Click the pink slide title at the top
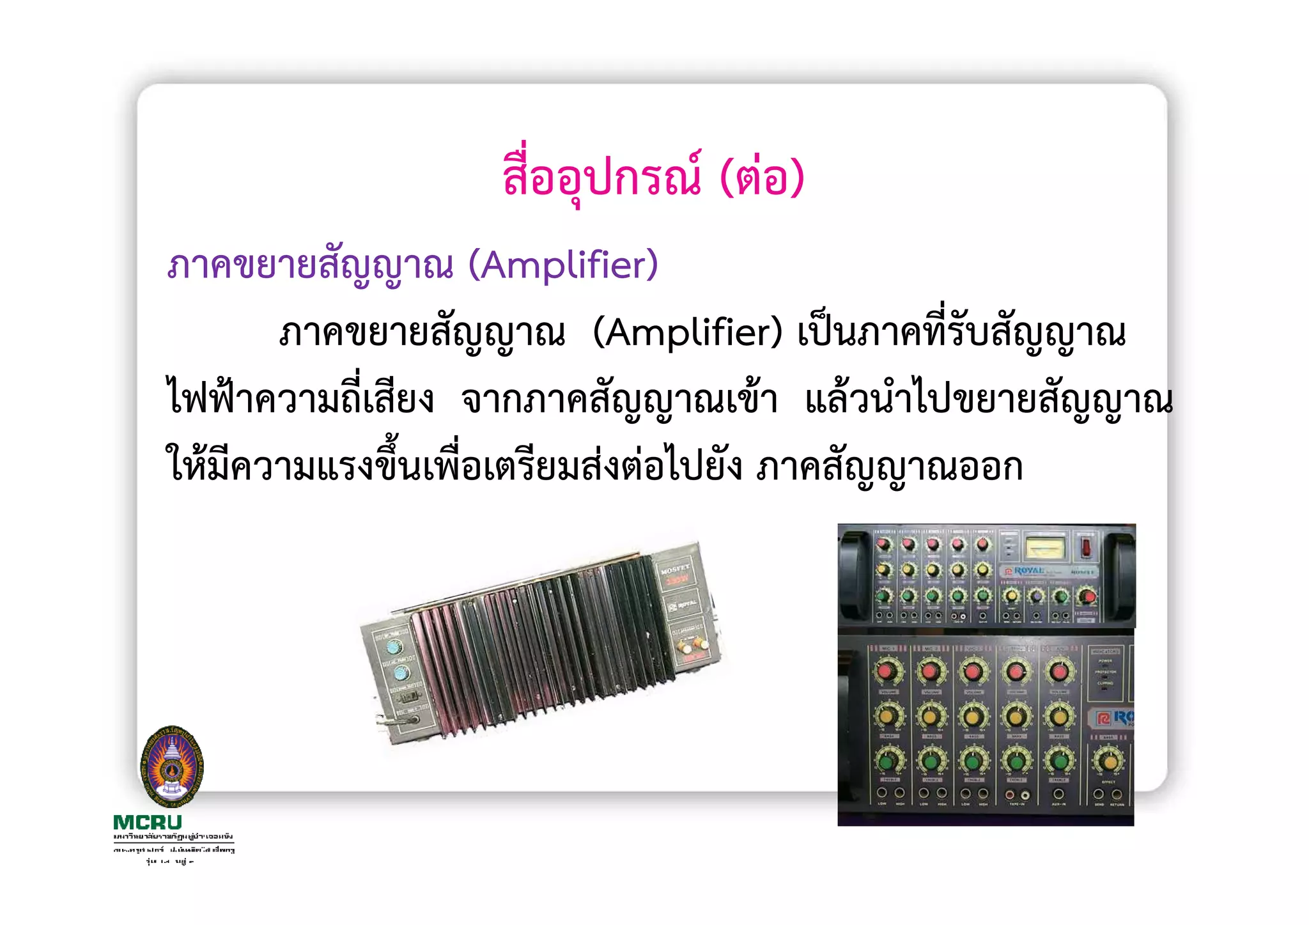[653, 176]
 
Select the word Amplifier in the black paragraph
[687, 332]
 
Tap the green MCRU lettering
[148, 822]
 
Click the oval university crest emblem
[171, 766]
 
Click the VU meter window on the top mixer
[1044, 548]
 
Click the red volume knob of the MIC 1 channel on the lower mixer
[887, 671]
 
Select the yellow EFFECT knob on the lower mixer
[1109, 761]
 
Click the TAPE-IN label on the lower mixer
[1018, 804]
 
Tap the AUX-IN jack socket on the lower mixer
[1058, 794]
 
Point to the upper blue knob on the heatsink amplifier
[392, 645]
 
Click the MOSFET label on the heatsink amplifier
[675, 568]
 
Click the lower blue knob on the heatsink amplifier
[401, 673]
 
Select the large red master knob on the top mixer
[1087, 597]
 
